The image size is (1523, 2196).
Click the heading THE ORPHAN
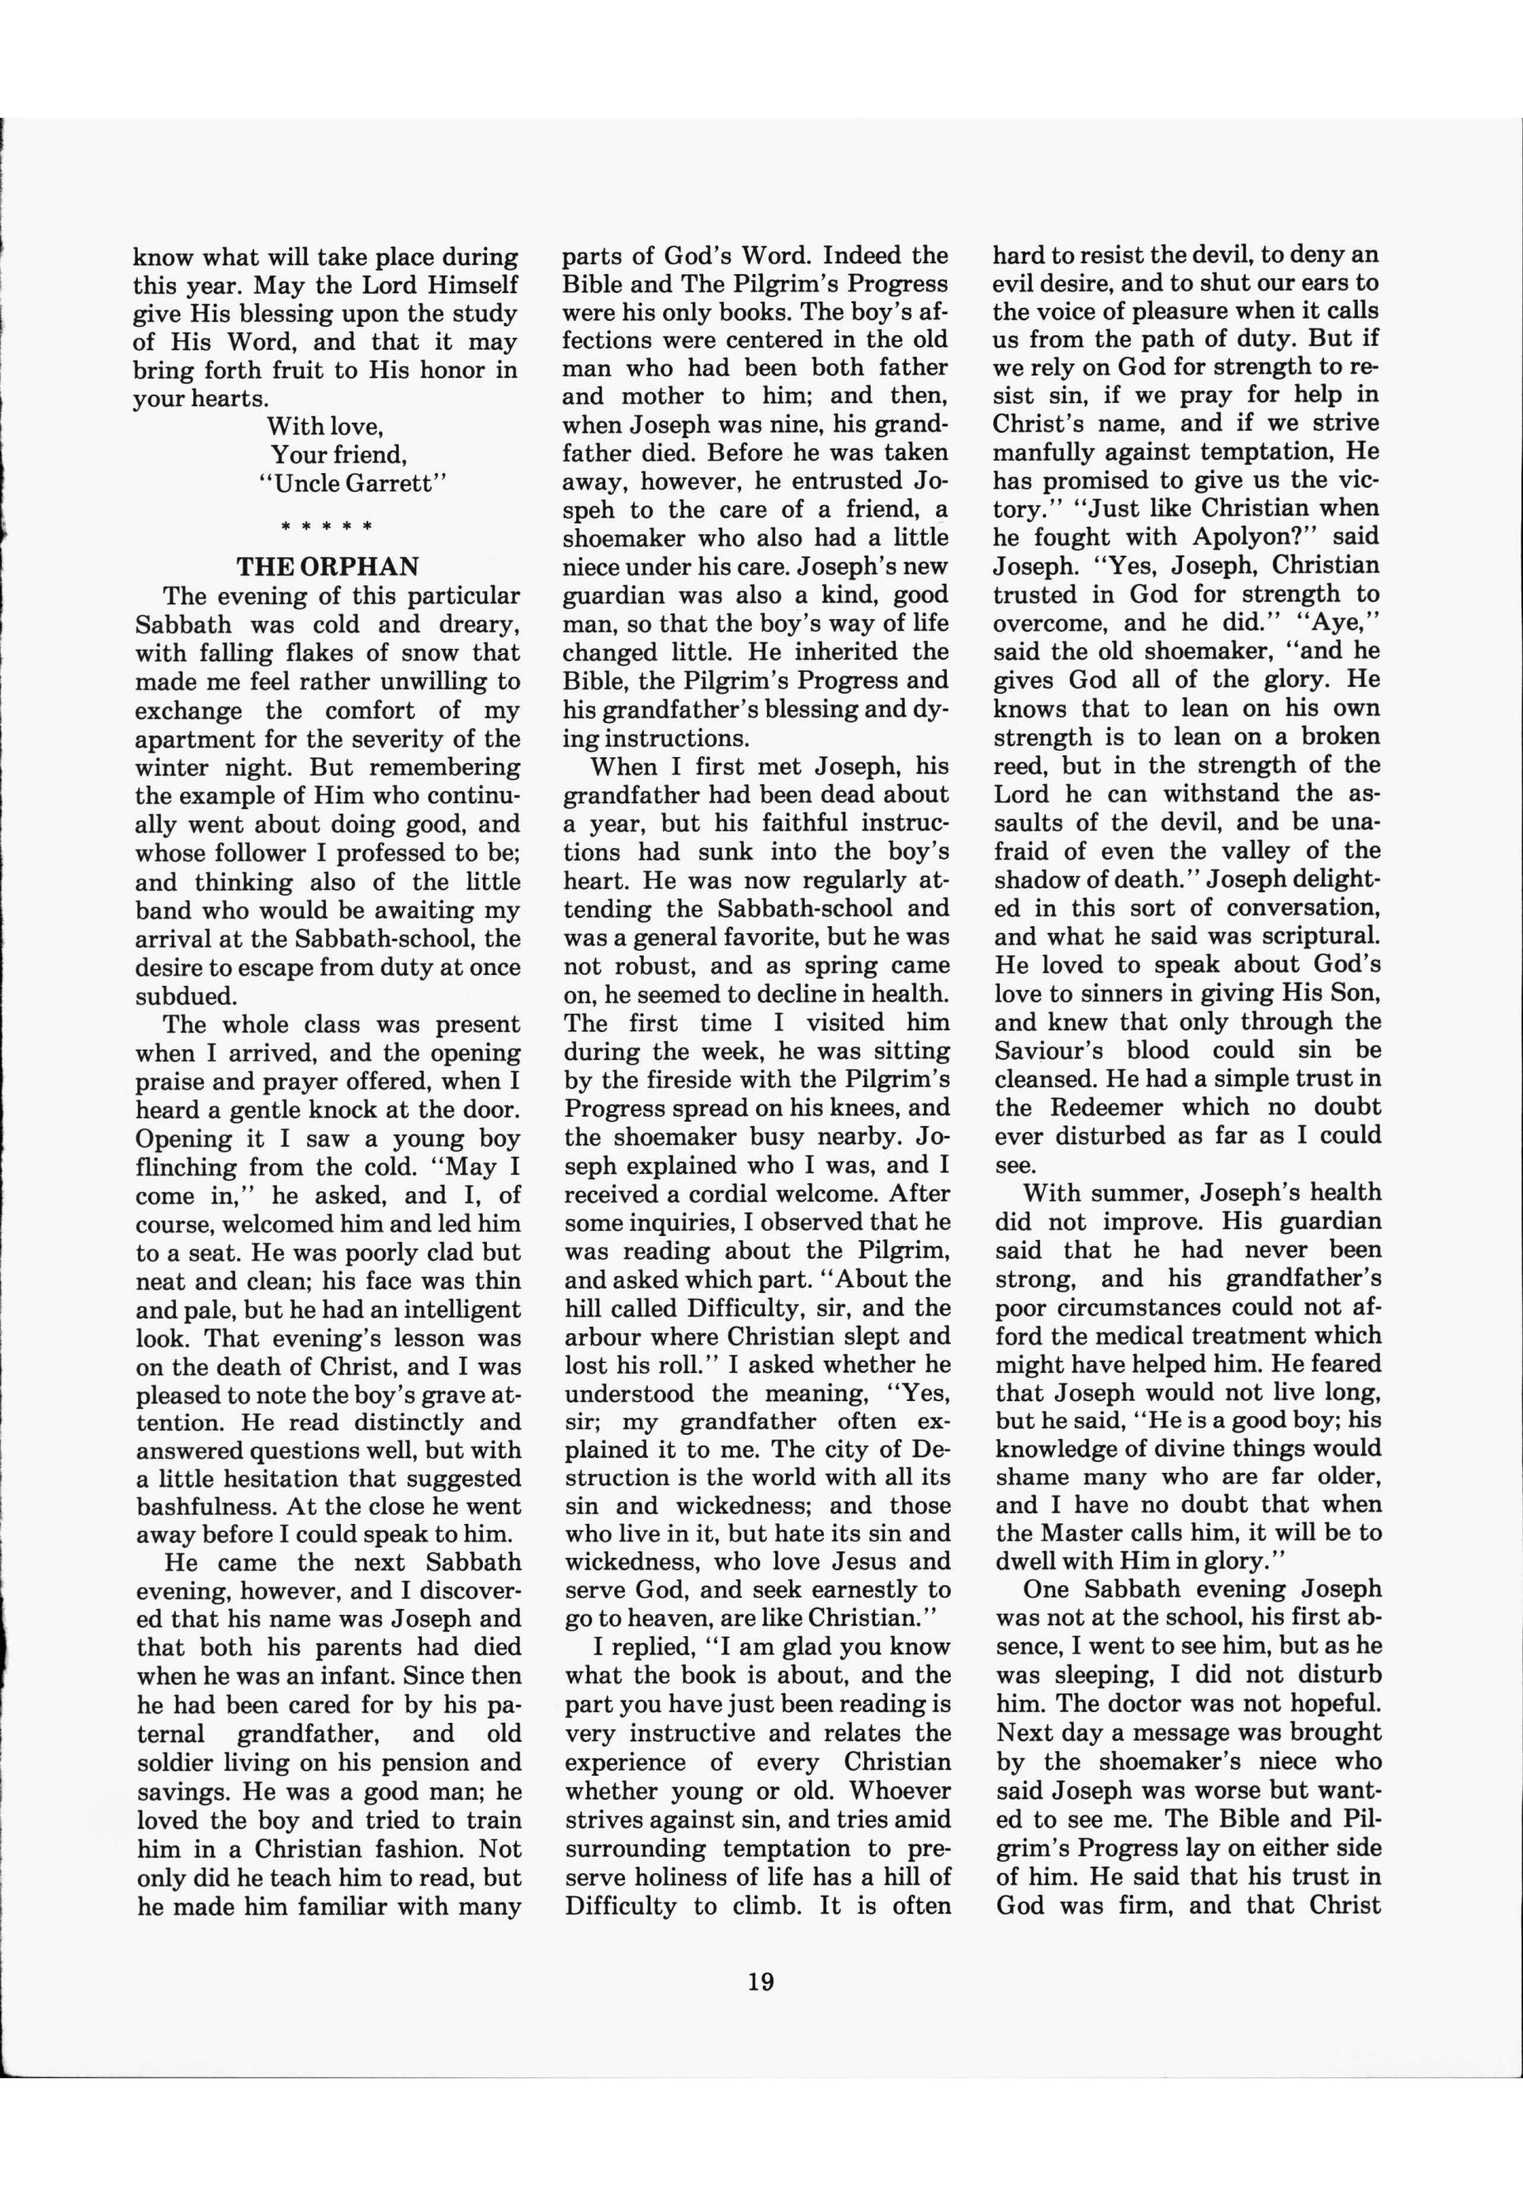328,566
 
